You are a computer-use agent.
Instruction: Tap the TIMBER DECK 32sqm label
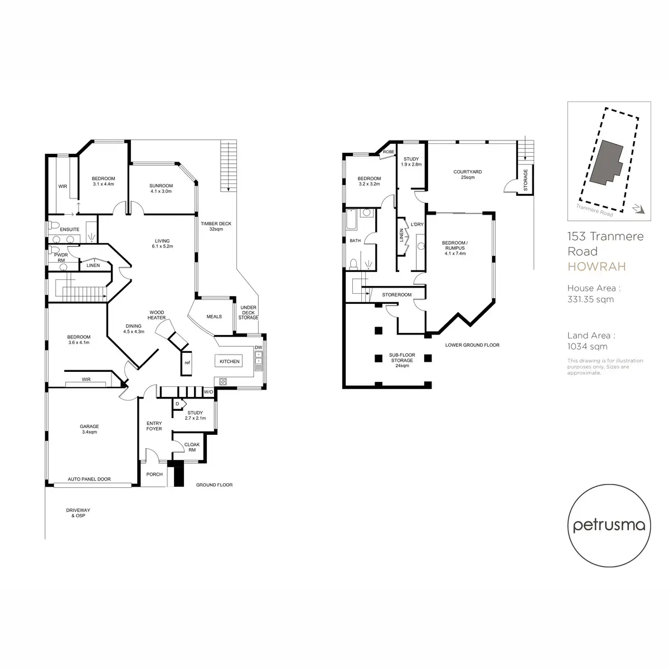pos(216,226)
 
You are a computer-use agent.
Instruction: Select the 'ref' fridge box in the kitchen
pos(186,363)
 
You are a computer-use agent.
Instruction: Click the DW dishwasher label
pos(258,347)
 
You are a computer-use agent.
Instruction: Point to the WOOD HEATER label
pos(157,315)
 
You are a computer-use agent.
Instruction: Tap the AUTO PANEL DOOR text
pos(89,479)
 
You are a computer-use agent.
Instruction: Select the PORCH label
pos(154,474)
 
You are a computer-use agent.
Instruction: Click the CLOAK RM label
pos(192,447)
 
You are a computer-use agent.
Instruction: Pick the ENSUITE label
pos(70,229)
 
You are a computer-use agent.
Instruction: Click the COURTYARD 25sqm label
pos(468,174)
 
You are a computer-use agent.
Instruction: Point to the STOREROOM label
pos(397,294)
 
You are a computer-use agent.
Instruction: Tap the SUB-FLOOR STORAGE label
pos(402,360)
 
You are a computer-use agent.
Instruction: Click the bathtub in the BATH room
pos(351,219)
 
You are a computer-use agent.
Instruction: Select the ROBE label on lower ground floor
pos(389,152)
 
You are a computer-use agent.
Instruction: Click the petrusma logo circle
pos(609,526)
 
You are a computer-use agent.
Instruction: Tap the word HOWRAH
pos(597,266)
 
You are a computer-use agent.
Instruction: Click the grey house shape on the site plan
pos(607,162)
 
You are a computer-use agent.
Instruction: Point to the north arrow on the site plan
pos(639,209)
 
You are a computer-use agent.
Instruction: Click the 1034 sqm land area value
pos(588,346)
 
